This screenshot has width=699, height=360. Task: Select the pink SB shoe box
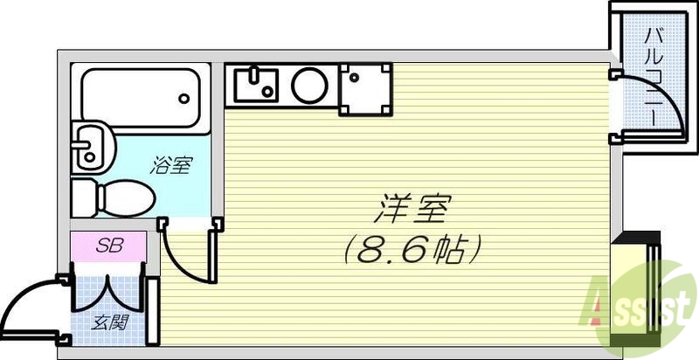(x=108, y=246)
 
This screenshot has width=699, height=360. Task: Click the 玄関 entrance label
(x=111, y=322)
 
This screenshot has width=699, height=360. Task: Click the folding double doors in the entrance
(x=108, y=288)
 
